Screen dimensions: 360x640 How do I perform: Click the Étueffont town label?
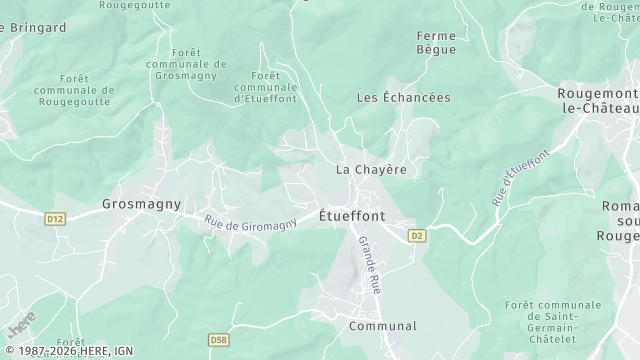click(351, 215)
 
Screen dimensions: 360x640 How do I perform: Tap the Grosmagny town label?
click(142, 204)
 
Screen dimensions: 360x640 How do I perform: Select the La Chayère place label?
click(371, 169)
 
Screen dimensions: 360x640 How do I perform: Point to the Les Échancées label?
click(404, 98)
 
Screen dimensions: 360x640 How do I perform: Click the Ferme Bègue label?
click(436, 42)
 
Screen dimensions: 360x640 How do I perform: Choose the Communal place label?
click(382, 326)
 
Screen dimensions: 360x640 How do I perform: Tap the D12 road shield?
click(55, 218)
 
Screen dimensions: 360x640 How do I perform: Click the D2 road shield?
click(417, 236)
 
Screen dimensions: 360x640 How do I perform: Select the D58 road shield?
click(220, 341)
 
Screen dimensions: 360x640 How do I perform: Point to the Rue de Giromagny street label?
click(251, 222)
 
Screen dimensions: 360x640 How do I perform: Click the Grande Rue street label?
click(370, 263)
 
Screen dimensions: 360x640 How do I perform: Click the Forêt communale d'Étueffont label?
click(266, 87)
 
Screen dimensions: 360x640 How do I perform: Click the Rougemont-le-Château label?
click(598, 99)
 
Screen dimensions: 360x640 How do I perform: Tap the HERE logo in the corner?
click(21, 326)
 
